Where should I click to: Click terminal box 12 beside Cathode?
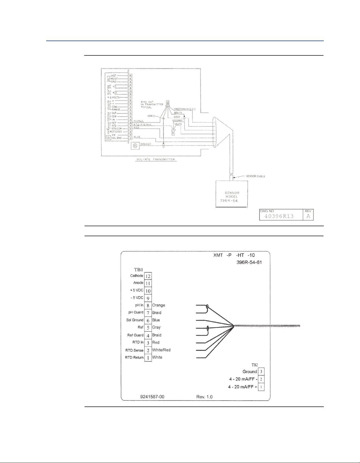[148, 276]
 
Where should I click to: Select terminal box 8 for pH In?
[148, 306]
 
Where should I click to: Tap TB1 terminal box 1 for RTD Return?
[148, 358]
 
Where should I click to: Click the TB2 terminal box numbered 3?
[261, 372]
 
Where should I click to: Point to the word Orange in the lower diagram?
[158, 305]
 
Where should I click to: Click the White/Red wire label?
[161, 350]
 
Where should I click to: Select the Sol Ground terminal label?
[135, 320]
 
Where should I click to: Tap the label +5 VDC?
[137, 290]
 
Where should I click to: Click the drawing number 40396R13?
[279, 216]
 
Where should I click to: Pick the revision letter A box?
[308, 216]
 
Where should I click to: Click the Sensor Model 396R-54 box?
[231, 194]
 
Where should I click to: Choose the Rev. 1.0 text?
[204, 397]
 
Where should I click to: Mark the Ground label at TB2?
[250, 372]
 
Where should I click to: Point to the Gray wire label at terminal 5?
[156, 327]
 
